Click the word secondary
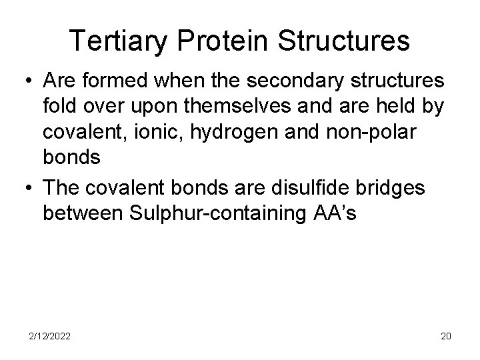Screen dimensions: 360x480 [279, 81]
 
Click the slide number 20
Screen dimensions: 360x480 [445, 336]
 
